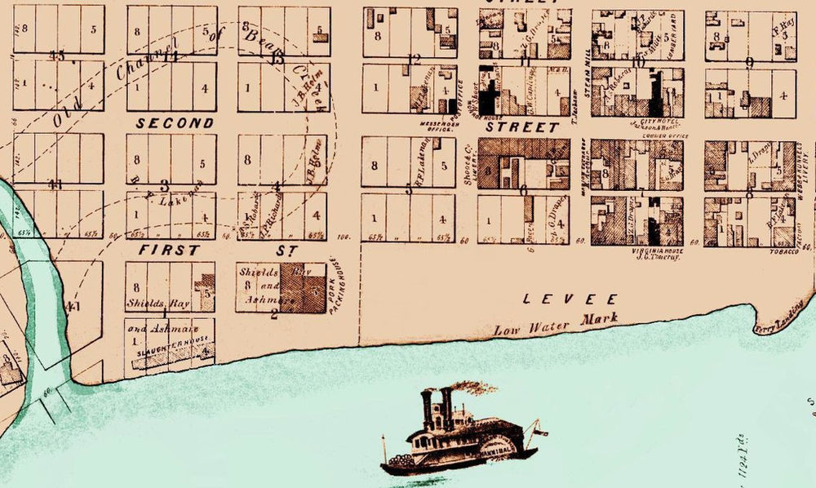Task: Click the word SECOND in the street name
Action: pyautogui.click(x=175, y=123)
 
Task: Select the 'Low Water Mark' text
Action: pyautogui.click(x=555, y=324)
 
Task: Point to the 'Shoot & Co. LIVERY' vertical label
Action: pyautogui.click(x=469, y=170)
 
